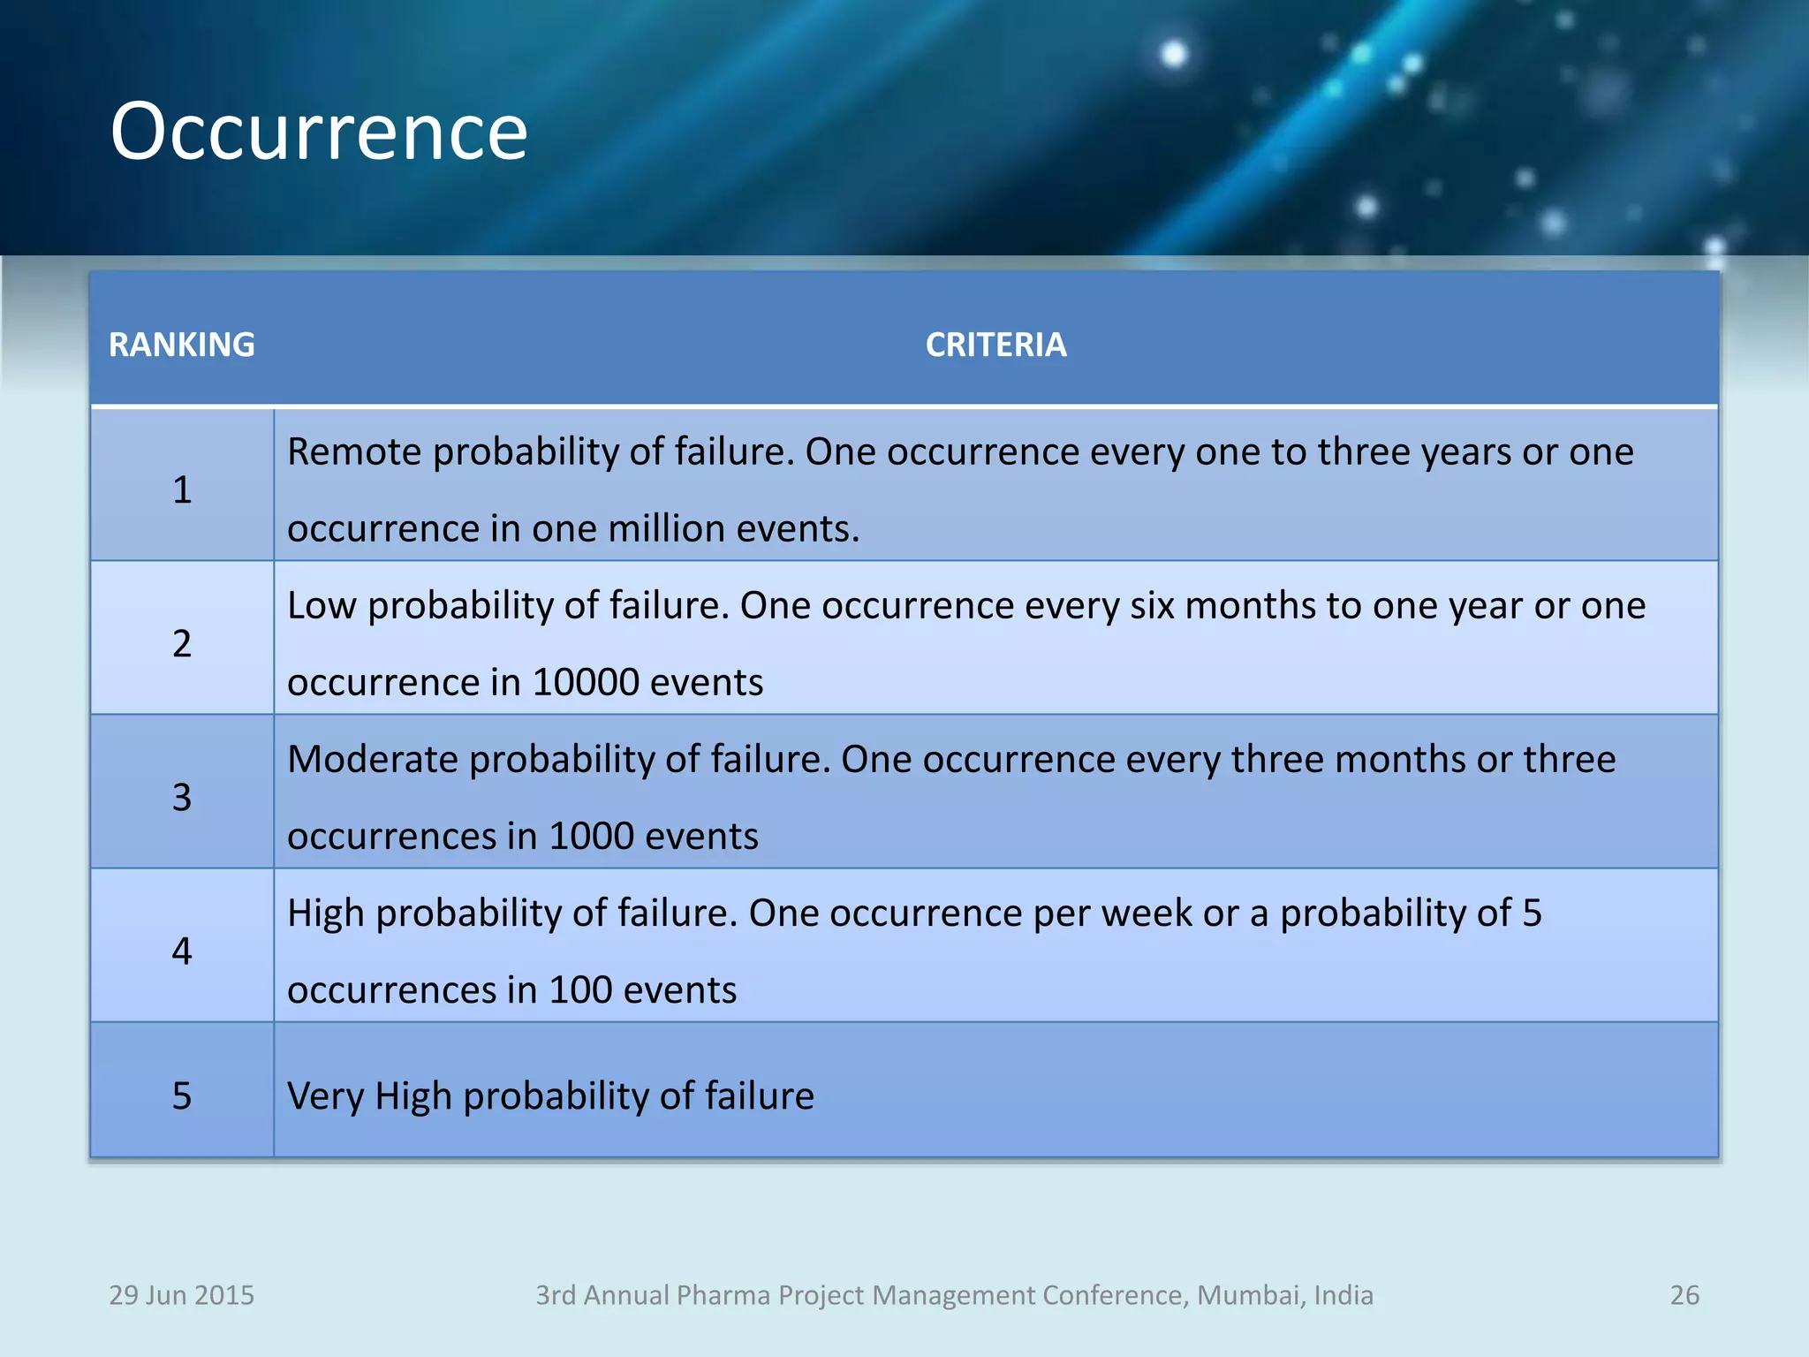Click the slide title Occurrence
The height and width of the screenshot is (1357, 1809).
[x=319, y=132]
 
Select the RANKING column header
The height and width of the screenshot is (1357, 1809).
[x=182, y=345]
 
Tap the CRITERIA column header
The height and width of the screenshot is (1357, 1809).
[x=995, y=345]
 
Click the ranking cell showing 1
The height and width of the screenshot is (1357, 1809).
[x=182, y=489]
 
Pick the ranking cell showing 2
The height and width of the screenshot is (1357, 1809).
[x=182, y=643]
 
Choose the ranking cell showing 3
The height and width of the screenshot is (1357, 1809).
[x=182, y=797]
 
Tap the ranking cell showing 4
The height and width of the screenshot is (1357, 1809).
[x=182, y=951]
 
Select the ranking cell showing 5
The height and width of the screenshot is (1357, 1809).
[x=182, y=1095]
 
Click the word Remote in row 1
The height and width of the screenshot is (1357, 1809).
[x=354, y=451]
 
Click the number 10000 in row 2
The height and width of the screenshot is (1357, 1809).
[x=586, y=682]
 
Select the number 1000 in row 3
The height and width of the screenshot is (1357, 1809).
[x=591, y=836]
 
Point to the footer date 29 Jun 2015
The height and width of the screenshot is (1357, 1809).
[x=181, y=1295]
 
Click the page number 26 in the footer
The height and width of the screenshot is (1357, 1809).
[x=1684, y=1295]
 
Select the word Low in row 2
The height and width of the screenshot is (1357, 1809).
[x=321, y=606]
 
